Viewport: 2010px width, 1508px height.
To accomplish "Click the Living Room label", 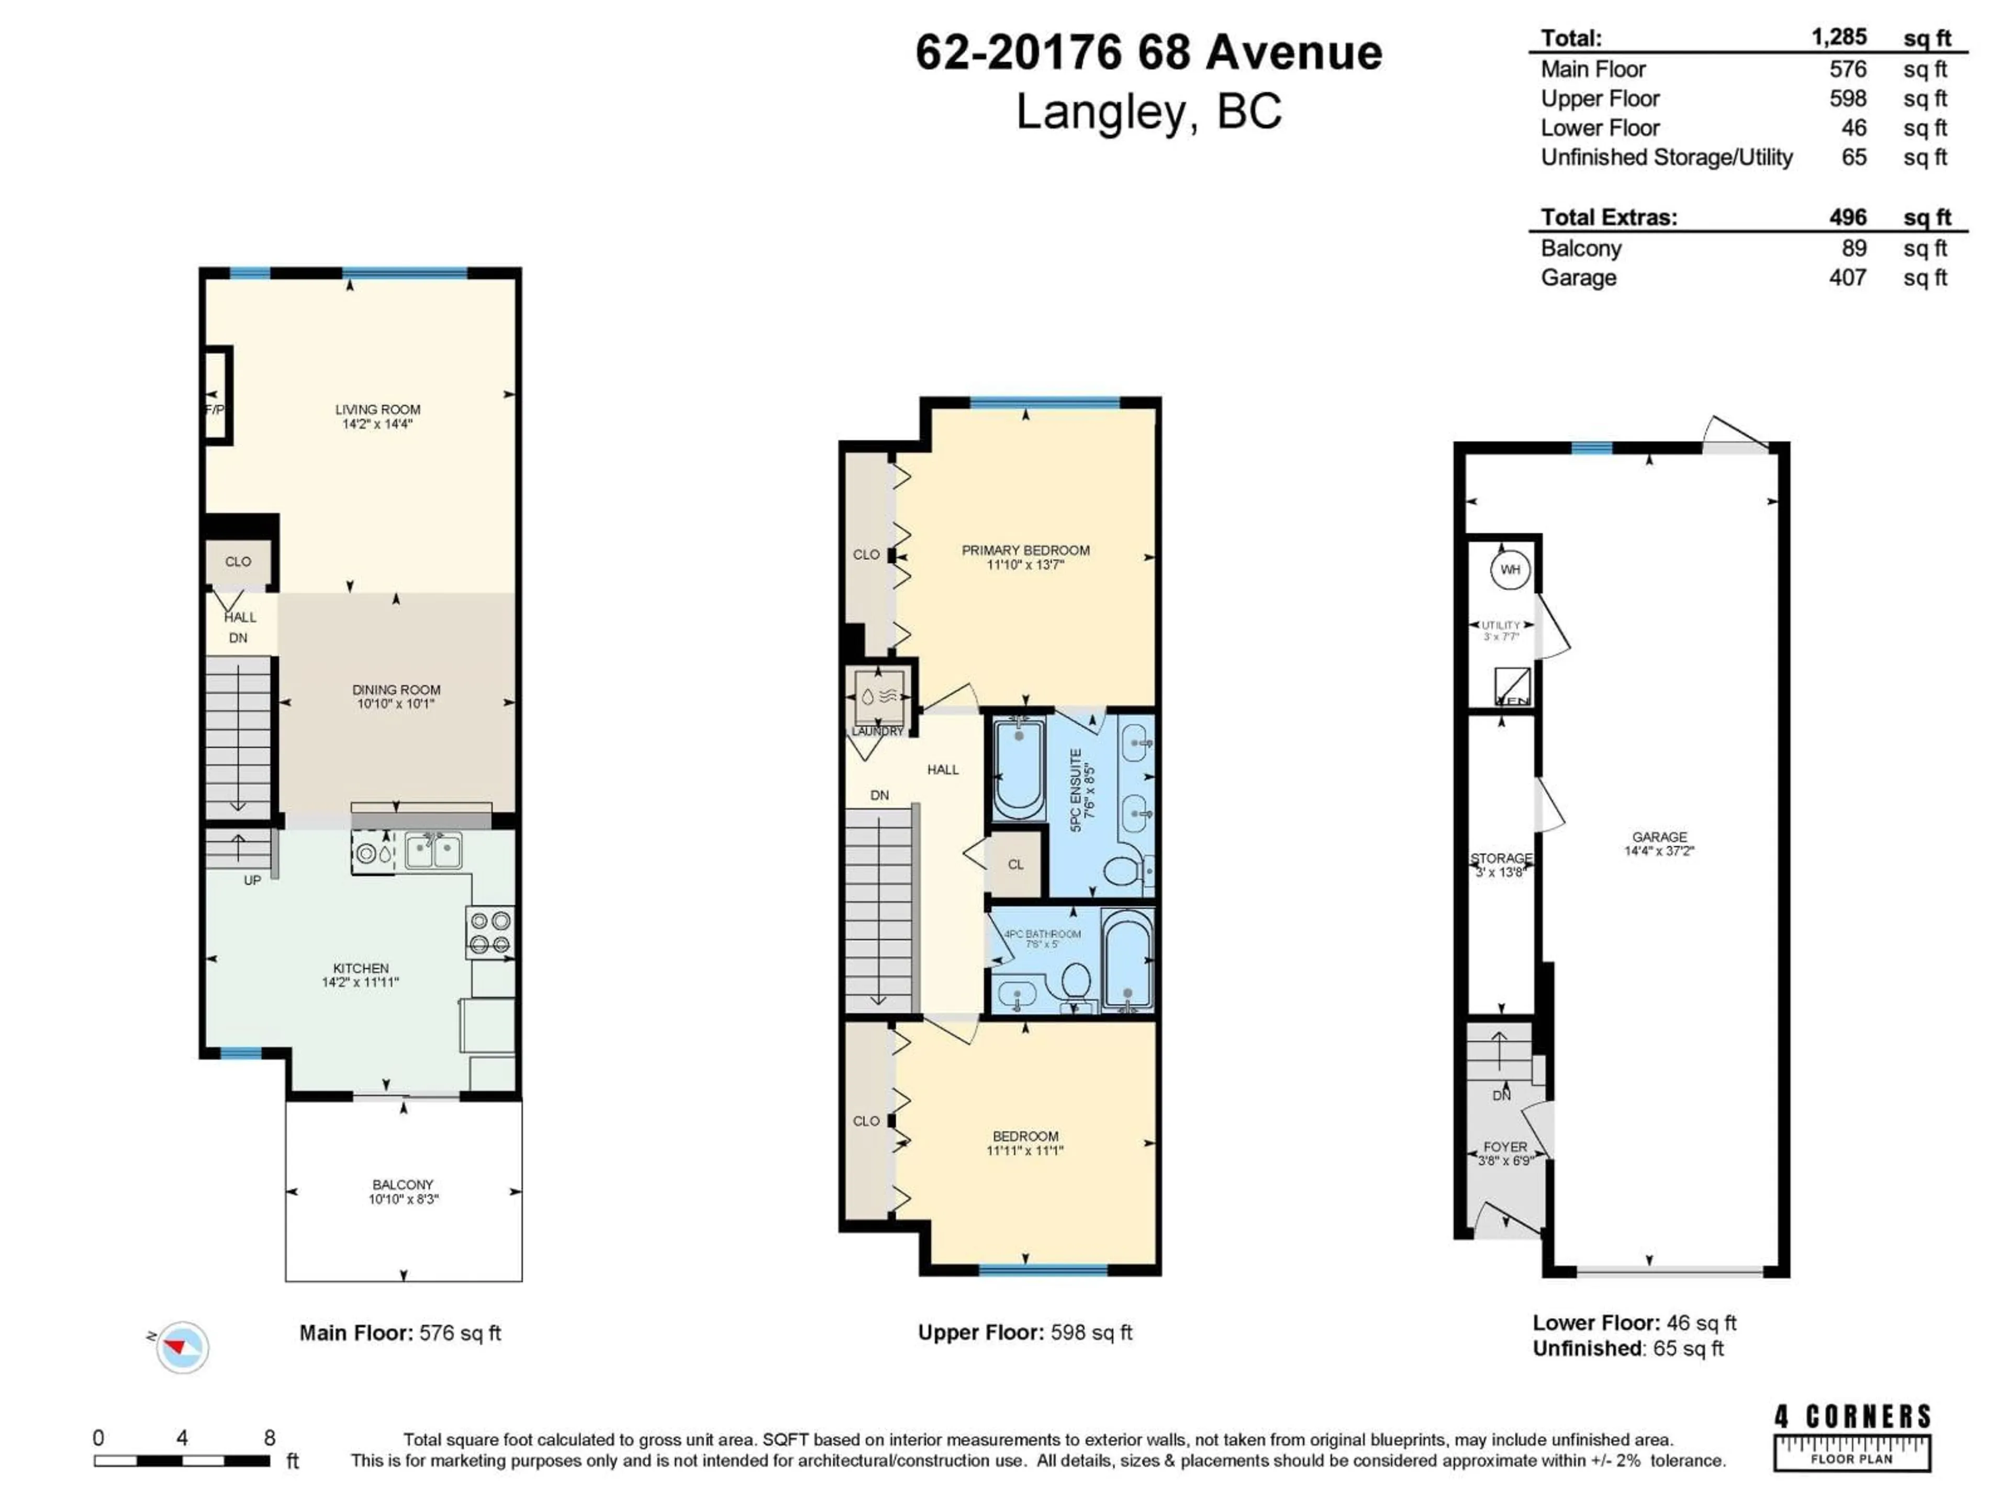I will pos(377,410).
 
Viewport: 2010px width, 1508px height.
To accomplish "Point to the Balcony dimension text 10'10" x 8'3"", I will pos(404,1200).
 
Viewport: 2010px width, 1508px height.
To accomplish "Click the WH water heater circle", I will pos(1509,570).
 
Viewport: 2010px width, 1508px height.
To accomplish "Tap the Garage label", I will pos(1659,837).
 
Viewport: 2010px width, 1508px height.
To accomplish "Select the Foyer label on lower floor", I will pos(1505,1147).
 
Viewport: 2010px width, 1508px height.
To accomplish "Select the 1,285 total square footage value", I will pos(1839,37).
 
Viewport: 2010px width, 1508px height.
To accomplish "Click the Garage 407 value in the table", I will pos(1847,278).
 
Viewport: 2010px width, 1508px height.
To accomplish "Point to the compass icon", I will pos(182,1346).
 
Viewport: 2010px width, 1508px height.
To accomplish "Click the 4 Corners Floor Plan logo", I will pos(1852,1436).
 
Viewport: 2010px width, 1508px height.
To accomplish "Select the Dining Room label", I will pos(396,691).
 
